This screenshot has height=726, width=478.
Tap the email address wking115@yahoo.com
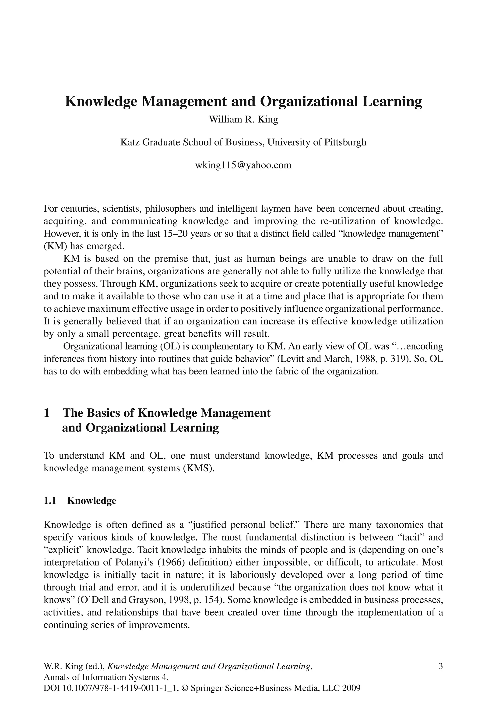click(243, 165)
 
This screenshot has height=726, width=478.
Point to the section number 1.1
click(50, 501)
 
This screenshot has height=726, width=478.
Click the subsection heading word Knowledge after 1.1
click(91, 501)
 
